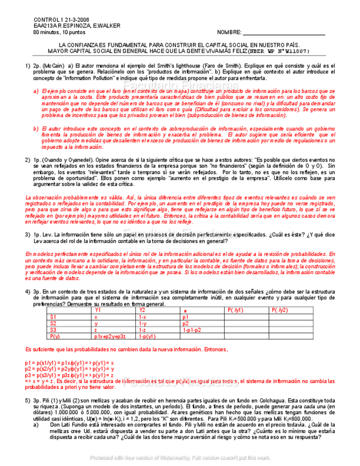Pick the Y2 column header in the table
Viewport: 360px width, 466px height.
(142, 310)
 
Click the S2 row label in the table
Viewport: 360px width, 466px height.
(53, 323)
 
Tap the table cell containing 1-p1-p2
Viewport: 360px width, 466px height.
(192, 330)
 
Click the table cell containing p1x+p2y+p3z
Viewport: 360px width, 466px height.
(110, 336)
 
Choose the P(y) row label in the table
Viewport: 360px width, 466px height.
(55, 336)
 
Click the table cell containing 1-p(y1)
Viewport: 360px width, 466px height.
(148, 336)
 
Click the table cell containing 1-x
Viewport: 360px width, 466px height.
(142, 317)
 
